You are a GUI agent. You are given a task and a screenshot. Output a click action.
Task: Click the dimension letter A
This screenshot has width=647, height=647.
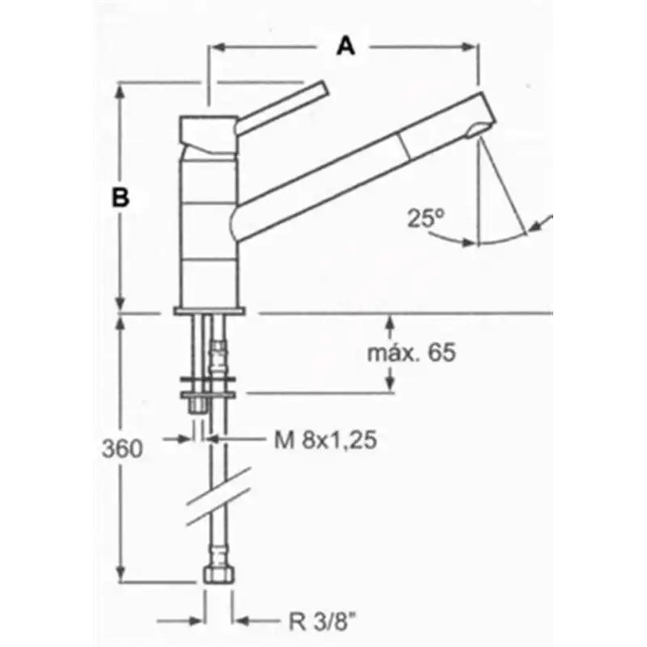(x=346, y=46)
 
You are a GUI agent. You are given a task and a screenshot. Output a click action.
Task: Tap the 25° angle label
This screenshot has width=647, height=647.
(x=426, y=218)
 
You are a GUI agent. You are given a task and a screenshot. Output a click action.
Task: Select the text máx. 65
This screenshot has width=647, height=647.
(x=412, y=353)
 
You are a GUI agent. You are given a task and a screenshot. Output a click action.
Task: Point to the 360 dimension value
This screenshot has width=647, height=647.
(x=122, y=449)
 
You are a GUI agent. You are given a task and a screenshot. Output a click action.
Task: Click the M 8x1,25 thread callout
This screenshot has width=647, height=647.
(x=326, y=439)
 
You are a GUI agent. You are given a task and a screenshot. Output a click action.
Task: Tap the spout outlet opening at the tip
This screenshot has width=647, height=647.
(x=476, y=129)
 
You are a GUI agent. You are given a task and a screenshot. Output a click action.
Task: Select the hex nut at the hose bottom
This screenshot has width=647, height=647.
(x=218, y=574)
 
